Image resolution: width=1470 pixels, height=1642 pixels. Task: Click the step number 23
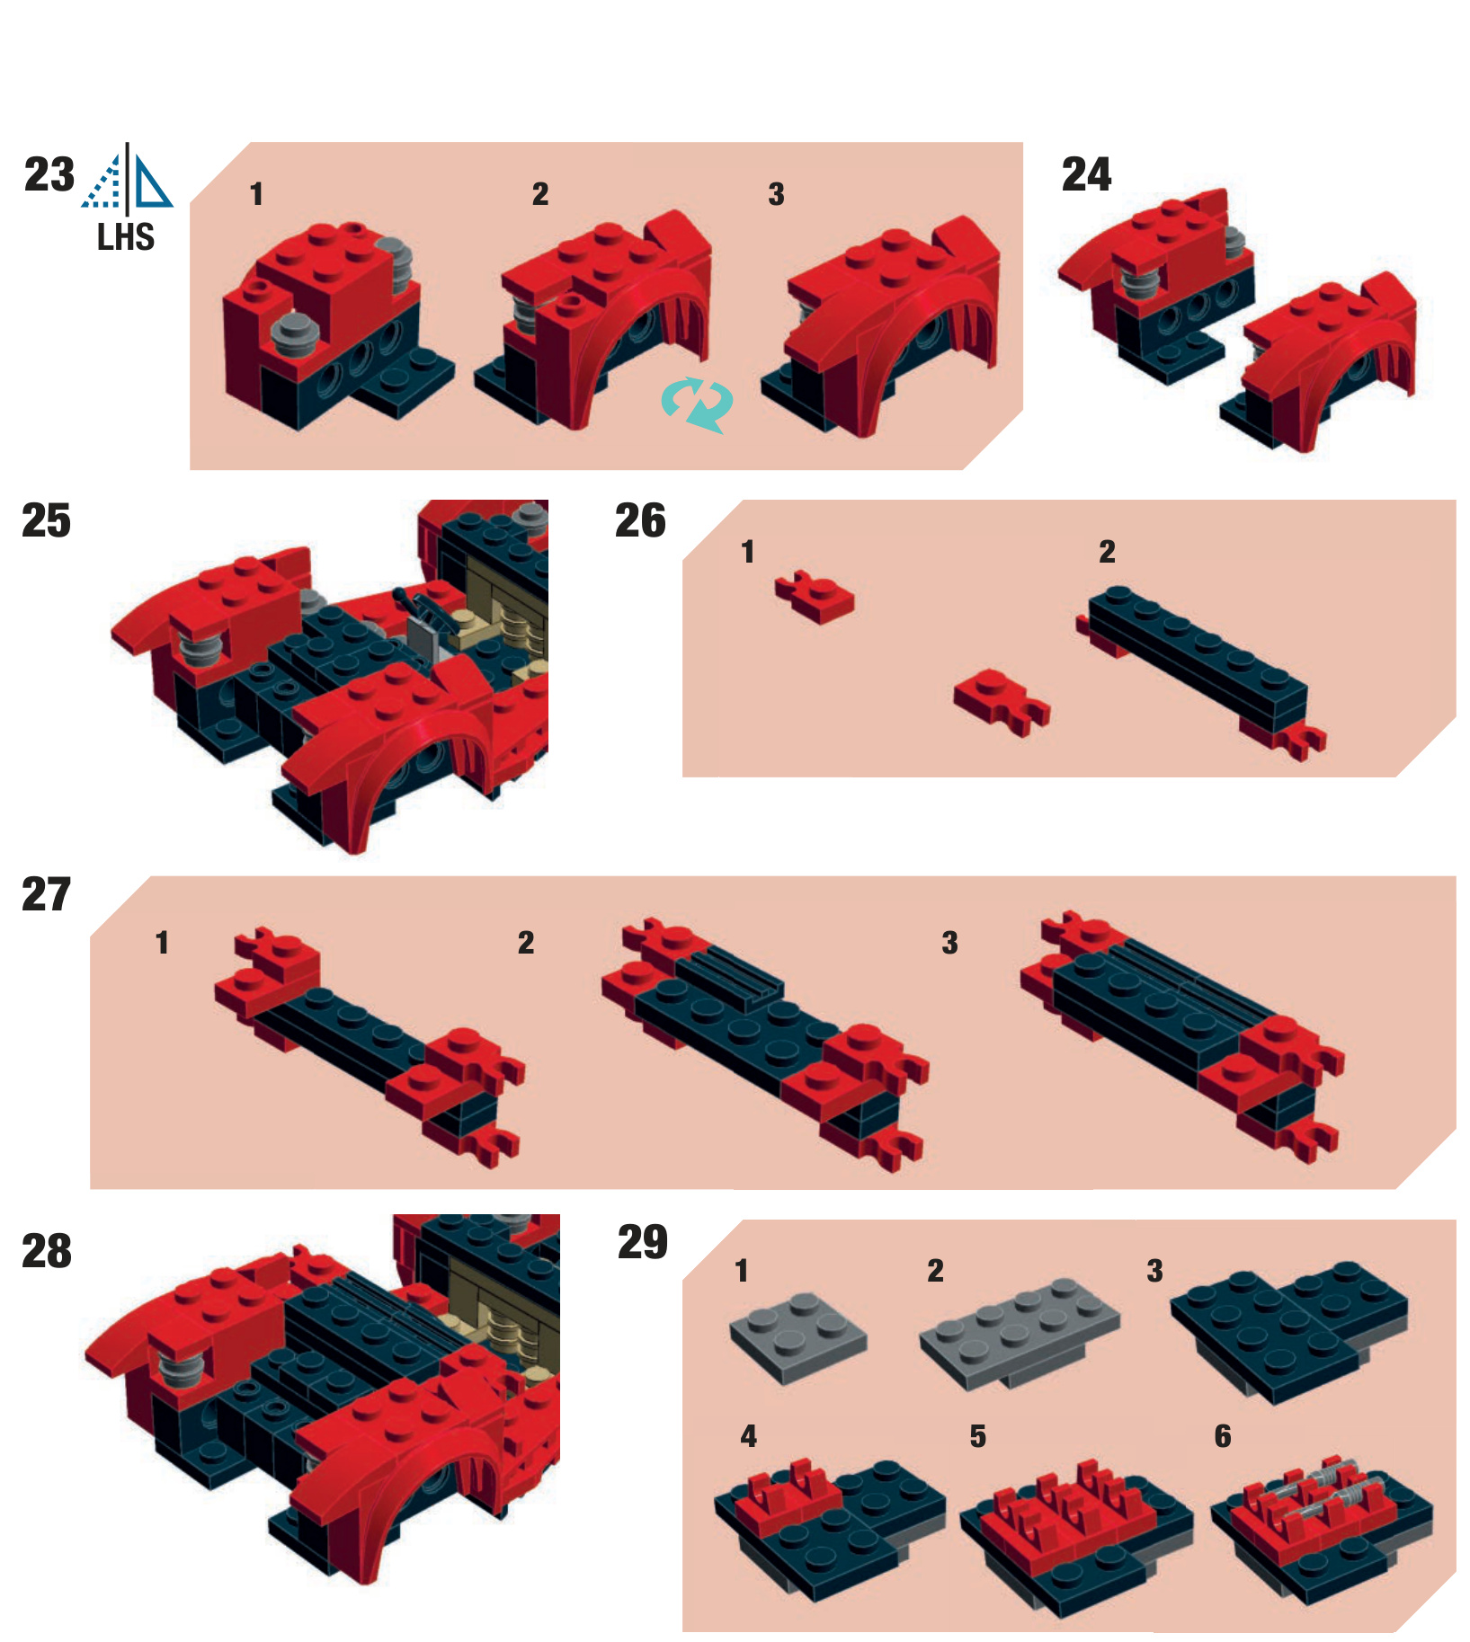click(49, 174)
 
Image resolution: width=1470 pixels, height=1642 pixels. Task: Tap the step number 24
click(1086, 174)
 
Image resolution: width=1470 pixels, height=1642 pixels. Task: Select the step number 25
click(46, 520)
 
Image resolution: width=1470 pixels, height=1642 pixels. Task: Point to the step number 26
click(640, 520)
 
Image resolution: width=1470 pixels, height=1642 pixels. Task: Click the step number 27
click(46, 894)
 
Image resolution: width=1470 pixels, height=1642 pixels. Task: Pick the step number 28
click(47, 1251)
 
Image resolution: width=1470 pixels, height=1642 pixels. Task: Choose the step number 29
click(643, 1243)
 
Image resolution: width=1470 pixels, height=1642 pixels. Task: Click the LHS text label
click(126, 237)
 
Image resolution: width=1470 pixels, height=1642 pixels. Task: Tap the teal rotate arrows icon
click(697, 404)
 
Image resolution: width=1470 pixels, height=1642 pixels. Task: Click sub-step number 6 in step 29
click(1223, 1436)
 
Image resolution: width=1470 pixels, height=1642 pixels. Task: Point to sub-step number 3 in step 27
click(949, 943)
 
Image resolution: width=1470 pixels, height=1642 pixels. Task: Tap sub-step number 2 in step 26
click(1107, 552)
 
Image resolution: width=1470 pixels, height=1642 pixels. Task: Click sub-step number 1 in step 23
click(256, 194)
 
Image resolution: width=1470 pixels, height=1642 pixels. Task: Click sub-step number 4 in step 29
click(748, 1436)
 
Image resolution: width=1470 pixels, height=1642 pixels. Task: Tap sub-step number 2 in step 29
click(935, 1271)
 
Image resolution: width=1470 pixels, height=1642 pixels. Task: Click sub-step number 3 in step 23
click(776, 194)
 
